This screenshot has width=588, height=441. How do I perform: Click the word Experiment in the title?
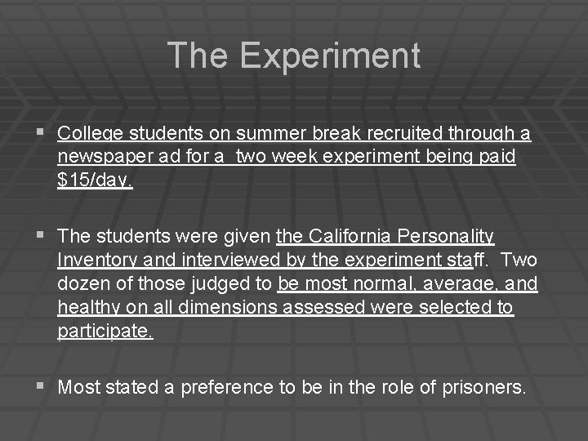(x=331, y=55)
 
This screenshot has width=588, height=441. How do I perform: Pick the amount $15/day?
(x=95, y=180)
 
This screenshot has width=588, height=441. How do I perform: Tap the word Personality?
(x=446, y=237)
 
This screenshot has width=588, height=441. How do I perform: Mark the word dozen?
(x=84, y=284)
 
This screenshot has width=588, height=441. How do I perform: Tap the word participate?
(x=105, y=332)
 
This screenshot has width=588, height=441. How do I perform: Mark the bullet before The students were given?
(x=42, y=236)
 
